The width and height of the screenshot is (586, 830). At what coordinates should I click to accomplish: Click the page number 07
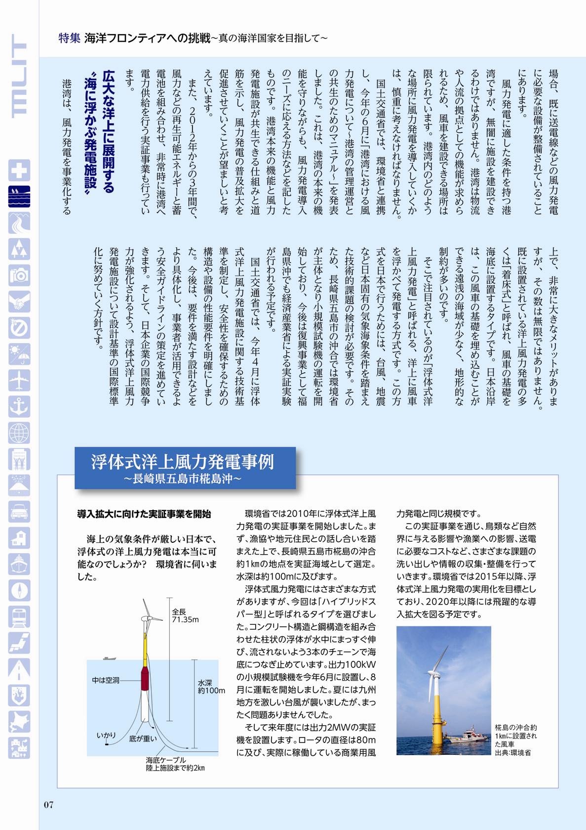tap(48, 804)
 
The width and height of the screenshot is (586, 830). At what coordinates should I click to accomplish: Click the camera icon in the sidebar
tap(19, 275)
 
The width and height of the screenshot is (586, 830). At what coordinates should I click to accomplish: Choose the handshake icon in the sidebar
tap(19, 302)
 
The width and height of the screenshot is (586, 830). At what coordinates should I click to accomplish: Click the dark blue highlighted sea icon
tap(19, 196)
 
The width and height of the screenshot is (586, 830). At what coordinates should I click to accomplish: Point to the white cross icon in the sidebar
tap(19, 170)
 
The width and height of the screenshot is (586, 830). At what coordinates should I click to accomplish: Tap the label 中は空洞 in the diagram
tap(106, 680)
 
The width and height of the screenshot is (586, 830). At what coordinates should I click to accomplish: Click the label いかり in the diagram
tap(106, 736)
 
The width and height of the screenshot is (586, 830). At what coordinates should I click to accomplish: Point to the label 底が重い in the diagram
tap(143, 739)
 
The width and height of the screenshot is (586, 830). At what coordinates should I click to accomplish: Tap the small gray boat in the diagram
tap(109, 658)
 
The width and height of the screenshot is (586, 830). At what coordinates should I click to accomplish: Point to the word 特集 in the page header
tap(69, 38)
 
